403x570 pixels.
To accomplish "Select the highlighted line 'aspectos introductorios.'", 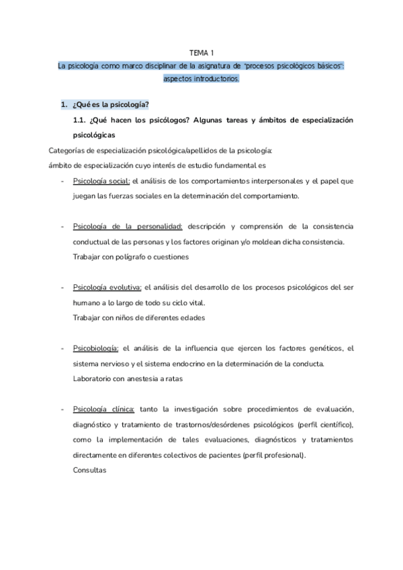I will pyautogui.click(x=201, y=79).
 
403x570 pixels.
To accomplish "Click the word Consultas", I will pyautogui.click(x=89, y=470).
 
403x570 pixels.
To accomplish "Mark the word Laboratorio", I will pyautogui.click(x=93, y=379).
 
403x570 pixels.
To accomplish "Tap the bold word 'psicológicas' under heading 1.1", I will pyautogui.click(x=93, y=135).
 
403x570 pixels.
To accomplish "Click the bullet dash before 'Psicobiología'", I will pyautogui.click(x=62, y=348).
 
